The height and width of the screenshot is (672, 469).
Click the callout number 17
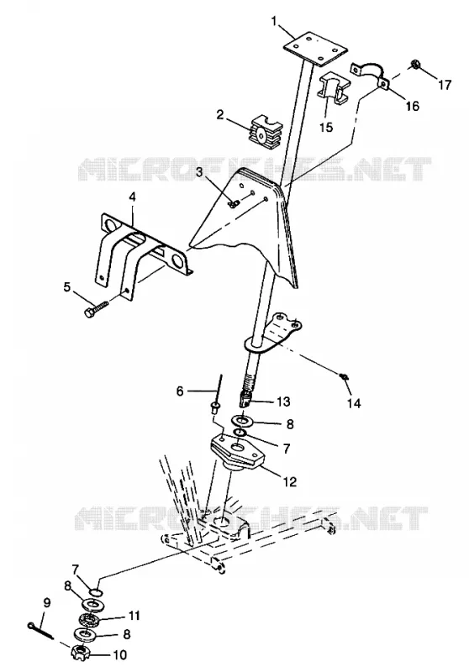(445, 85)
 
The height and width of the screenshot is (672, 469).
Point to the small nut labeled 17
(415, 65)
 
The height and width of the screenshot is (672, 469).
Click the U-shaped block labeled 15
(334, 88)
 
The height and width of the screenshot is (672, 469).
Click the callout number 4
(132, 197)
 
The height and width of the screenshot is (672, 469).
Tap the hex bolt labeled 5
(97, 309)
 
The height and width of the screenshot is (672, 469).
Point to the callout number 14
(354, 403)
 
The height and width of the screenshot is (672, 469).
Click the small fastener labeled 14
(343, 376)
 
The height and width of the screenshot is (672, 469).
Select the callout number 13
(283, 402)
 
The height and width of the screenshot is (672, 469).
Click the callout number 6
(180, 391)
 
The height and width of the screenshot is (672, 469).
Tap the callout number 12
(290, 481)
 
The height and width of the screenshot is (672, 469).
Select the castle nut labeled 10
(80, 654)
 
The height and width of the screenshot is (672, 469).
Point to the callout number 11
(134, 616)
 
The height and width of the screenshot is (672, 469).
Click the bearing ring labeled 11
(90, 620)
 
